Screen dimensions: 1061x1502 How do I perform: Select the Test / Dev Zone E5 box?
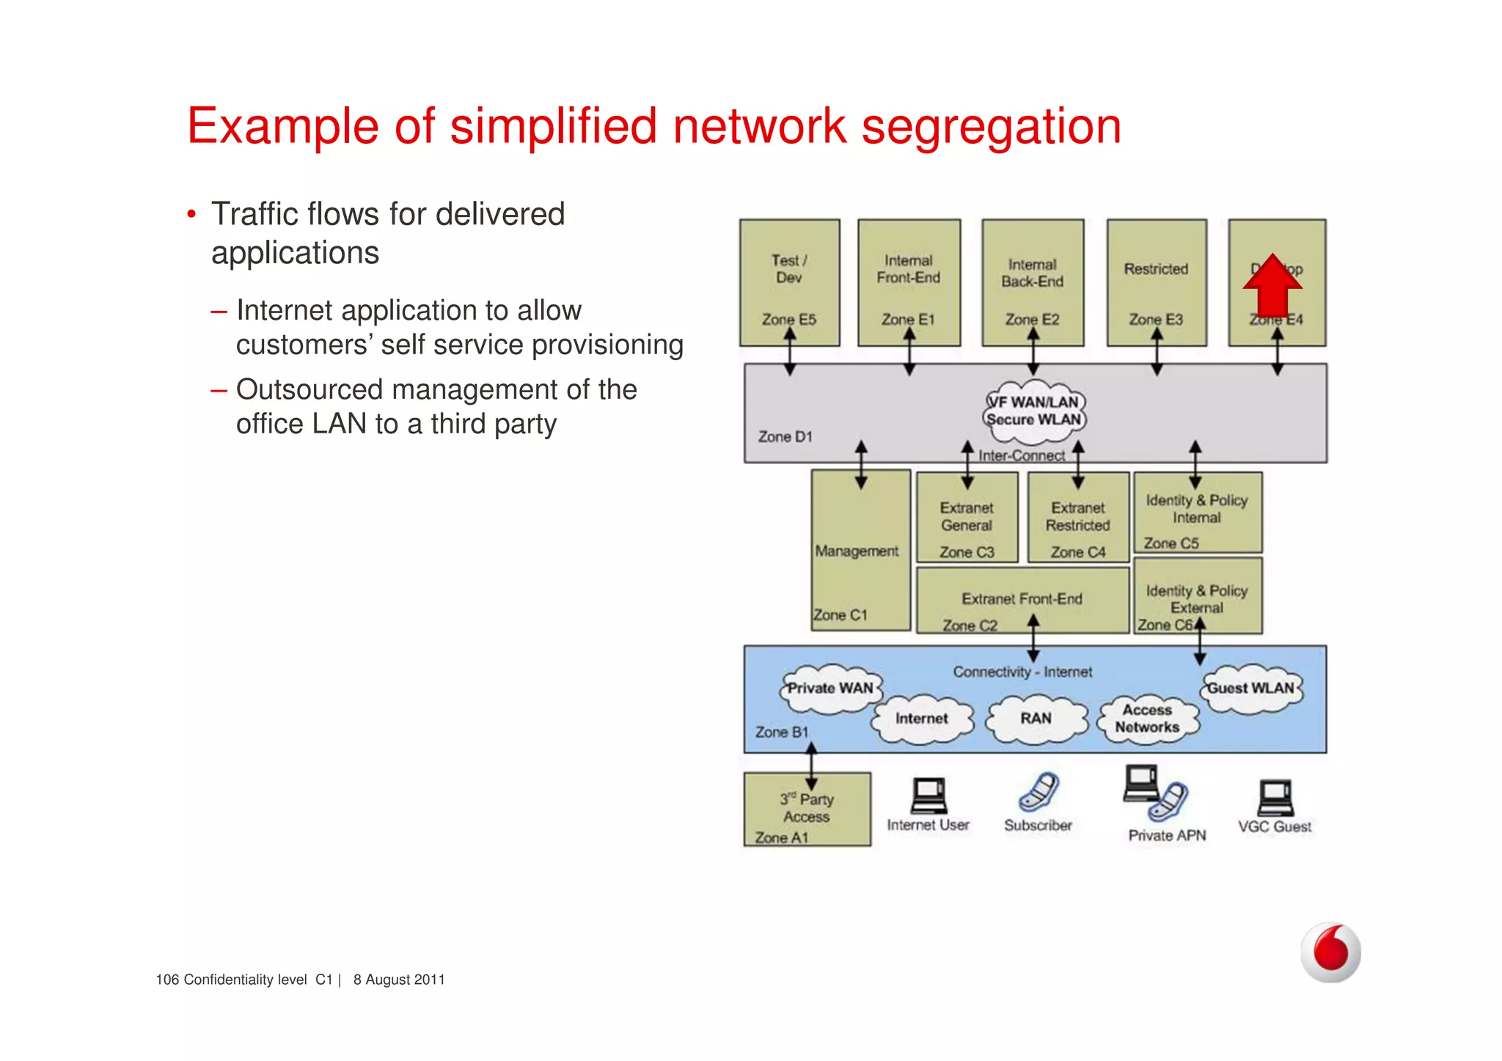[x=789, y=282]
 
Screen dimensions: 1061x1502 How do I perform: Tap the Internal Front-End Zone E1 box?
[x=909, y=282]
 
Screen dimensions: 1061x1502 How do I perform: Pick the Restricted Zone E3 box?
[x=1157, y=282]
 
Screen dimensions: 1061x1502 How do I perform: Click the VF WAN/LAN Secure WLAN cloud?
[x=1034, y=411]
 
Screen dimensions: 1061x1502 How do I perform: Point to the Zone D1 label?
[x=785, y=437]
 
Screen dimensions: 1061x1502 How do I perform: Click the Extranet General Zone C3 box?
[x=967, y=518]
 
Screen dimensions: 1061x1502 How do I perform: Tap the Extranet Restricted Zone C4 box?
[x=1077, y=518]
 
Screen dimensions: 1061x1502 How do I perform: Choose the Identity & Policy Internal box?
[x=1197, y=513]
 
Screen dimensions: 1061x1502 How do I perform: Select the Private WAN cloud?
[x=829, y=689]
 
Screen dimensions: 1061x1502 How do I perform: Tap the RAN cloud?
[x=1036, y=719]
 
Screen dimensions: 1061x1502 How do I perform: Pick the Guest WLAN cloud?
[x=1250, y=689]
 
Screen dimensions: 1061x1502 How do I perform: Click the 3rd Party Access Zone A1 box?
[x=807, y=809]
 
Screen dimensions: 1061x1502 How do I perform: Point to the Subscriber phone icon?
[x=1038, y=792]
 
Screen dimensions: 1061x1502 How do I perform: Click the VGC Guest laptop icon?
[x=1275, y=797]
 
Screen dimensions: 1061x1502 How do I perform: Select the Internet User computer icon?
[x=928, y=795]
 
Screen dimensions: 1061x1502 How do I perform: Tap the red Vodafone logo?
[x=1330, y=952]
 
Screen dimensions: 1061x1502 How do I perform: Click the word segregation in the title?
[x=991, y=126]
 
